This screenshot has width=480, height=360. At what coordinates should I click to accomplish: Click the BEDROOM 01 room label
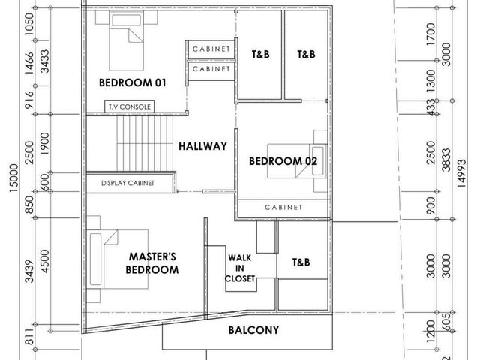133,82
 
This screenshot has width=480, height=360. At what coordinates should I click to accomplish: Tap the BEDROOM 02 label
283,161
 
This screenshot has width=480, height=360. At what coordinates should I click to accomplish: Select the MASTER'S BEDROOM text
152,263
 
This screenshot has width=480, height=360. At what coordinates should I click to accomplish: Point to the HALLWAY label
202,146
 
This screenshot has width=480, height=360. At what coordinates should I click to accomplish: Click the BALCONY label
253,330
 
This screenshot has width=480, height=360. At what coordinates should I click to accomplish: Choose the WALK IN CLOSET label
240,268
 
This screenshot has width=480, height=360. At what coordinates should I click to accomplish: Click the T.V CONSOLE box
130,106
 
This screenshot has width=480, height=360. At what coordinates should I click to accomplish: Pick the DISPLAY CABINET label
127,183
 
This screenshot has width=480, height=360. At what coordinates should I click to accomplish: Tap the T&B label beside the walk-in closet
301,262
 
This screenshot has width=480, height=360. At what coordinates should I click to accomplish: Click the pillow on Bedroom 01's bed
127,20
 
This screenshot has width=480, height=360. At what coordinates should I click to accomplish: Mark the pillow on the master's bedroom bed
95,259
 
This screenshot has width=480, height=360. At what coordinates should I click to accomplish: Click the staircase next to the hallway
145,143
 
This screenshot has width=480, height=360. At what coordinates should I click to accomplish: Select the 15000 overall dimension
14,178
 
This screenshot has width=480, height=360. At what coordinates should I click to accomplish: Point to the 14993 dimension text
461,173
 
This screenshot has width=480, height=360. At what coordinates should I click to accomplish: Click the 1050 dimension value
29,24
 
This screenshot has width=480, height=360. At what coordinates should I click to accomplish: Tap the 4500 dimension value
45,261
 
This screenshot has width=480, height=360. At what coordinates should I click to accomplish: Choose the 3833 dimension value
446,160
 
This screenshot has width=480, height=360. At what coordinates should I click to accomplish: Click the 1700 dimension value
430,34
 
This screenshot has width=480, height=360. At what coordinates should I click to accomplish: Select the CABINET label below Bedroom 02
283,207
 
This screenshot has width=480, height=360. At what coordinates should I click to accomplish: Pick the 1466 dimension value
29,63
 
